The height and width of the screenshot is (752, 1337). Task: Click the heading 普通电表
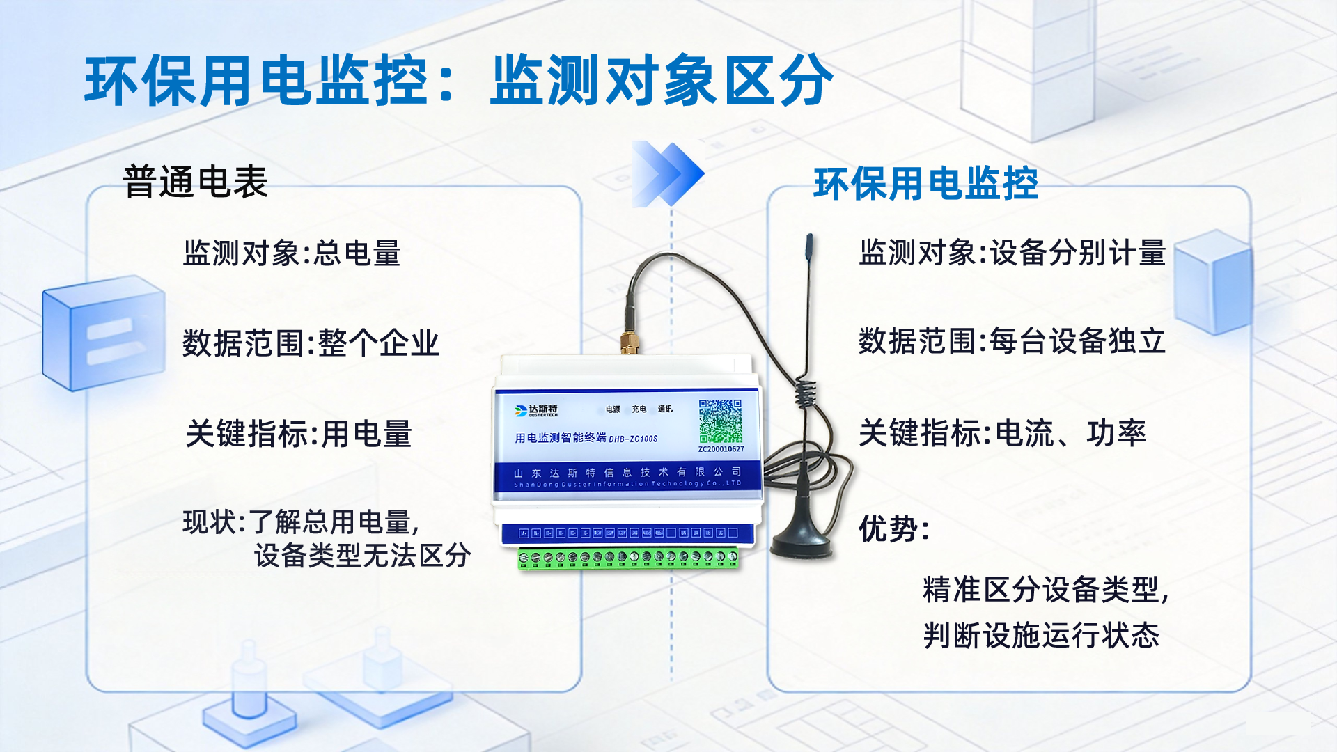pyautogui.click(x=195, y=182)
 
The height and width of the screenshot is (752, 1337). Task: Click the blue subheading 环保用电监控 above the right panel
pyautogui.click(x=925, y=184)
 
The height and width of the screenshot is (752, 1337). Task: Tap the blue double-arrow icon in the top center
pyautogui.click(x=667, y=173)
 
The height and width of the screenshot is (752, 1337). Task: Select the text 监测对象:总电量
pyautogui.click(x=291, y=253)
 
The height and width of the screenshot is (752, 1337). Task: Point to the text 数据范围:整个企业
pyautogui.click(x=311, y=343)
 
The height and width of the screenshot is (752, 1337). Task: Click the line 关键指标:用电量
pyautogui.click(x=298, y=434)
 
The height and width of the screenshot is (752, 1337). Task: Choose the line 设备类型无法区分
pyautogui.click(x=362, y=556)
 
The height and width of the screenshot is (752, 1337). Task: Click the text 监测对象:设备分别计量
pyautogui.click(x=1012, y=253)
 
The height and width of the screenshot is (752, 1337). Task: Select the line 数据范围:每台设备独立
pyautogui.click(x=1012, y=341)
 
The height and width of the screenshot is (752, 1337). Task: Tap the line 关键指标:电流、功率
pyautogui.click(x=1001, y=433)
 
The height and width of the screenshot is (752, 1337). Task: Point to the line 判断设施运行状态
pyautogui.click(x=1040, y=636)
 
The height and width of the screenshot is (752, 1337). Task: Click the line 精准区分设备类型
pyautogui.click(x=1045, y=590)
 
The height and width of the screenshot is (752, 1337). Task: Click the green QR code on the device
pyautogui.click(x=721, y=421)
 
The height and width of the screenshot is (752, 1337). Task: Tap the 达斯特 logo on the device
pyautogui.click(x=536, y=410)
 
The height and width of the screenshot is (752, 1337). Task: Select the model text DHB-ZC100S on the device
pyautogui.click(x=633, y=439)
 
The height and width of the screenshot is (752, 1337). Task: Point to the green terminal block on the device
pyautogui.click(x=628, y=558)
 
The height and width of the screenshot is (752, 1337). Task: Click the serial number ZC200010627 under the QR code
pyautogui.click(x=721, y=449)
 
